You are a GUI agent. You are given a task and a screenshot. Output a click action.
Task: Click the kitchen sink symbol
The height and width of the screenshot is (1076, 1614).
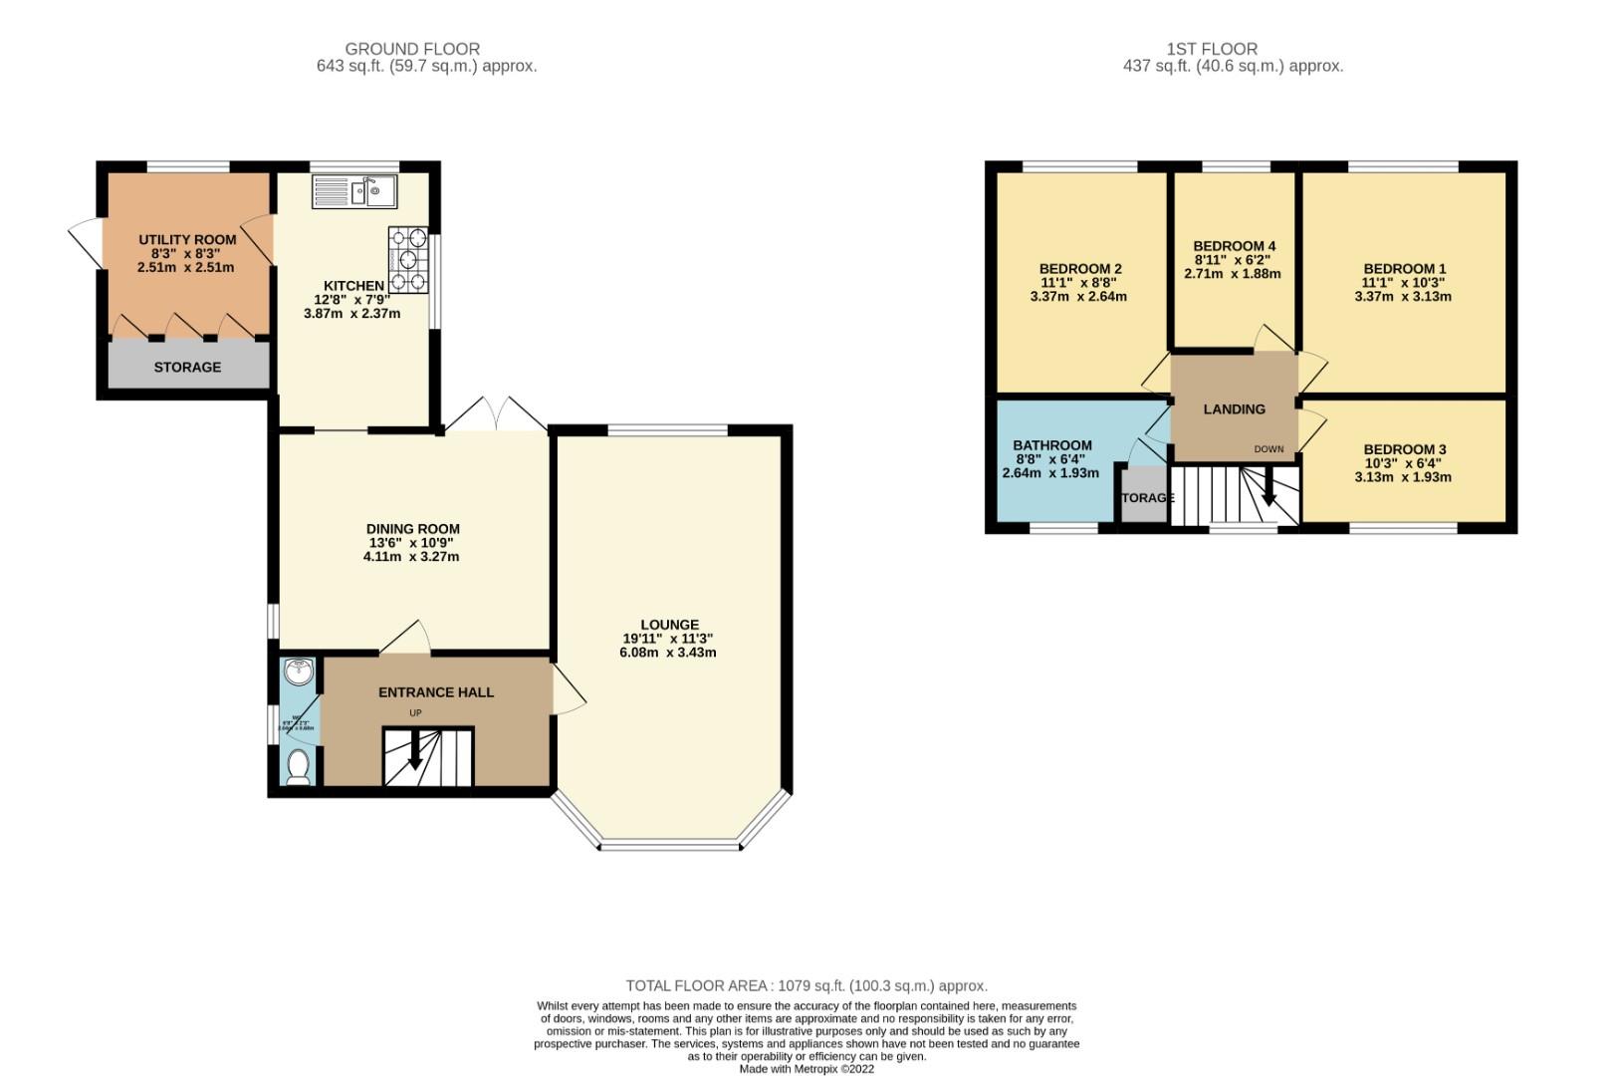pos(354,190)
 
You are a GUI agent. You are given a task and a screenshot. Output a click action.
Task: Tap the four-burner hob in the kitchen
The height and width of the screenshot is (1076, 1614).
pos(408,260)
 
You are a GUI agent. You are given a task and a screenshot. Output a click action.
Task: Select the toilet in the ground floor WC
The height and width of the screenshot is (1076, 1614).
pos(297,767)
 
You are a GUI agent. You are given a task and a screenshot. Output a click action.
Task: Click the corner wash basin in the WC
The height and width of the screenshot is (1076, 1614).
pos(297,673)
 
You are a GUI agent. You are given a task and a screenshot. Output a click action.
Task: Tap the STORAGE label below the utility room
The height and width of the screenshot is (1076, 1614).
pos(187,367)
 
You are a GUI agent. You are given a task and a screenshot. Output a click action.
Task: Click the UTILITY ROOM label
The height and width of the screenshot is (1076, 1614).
pos(187,239)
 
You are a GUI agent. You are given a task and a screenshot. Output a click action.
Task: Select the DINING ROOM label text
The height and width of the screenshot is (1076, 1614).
pos(412,529)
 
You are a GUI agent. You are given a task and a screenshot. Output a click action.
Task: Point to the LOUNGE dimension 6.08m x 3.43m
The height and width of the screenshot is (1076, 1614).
pos(667,653)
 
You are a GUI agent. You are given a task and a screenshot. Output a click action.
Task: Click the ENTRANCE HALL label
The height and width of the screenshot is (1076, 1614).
pos(436,691)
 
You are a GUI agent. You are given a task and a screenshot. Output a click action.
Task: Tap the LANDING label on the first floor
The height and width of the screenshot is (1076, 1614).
pos(1234,408)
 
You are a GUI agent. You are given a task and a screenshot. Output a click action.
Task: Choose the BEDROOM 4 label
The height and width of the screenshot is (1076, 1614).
pos(1234,246)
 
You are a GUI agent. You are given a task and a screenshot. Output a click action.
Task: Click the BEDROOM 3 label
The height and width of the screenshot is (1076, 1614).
pos(1404,449)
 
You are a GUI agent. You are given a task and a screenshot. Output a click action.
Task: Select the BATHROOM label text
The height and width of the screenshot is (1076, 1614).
pos(1051,445)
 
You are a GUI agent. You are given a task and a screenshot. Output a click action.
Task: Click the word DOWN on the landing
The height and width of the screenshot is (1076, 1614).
pos(1268,449)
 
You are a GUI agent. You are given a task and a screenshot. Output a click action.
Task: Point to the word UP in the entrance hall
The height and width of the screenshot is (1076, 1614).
pos(415,713)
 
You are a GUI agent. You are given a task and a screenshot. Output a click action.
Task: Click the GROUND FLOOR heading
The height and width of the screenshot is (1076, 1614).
pos(412,49)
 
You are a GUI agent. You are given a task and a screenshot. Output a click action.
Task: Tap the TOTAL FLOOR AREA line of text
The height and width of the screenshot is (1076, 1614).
pos(807,985)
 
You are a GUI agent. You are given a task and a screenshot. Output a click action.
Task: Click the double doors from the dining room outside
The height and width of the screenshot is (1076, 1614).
pos(496,415)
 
